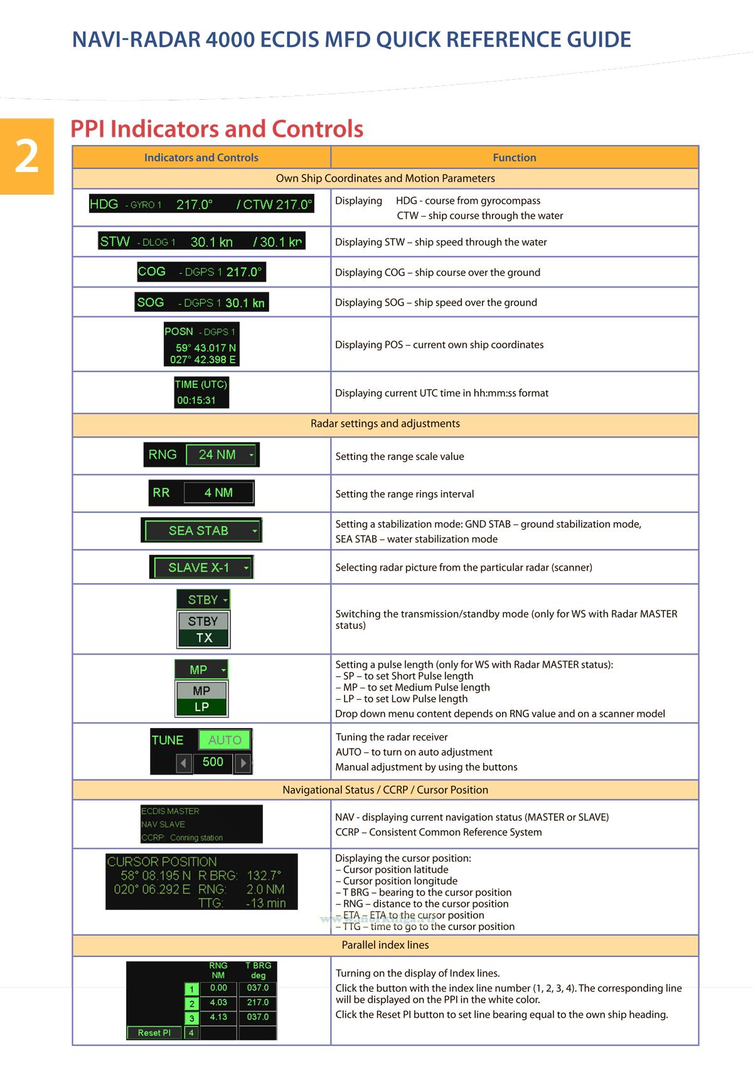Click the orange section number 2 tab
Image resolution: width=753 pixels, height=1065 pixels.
point(27,156)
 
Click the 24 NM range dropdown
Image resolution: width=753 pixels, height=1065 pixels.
point(222,455)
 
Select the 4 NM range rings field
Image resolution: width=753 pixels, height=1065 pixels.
point(218,493)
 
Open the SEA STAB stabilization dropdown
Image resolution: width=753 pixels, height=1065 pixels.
point(202,531)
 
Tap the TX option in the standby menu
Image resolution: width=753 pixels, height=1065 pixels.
point(203,638)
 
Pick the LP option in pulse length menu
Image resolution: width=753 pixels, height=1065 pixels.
point(201,707)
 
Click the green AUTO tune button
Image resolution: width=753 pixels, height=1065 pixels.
point(225,741)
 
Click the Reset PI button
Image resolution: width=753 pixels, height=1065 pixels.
point(154,1032)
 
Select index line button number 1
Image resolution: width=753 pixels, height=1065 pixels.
point(191,990)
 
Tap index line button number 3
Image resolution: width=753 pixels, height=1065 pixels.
point(191,1018)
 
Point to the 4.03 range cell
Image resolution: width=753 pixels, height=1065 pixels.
point(218,1003)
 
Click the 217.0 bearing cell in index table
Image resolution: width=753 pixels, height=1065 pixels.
point(257,1003)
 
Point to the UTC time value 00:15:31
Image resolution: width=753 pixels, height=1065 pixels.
point(196,400)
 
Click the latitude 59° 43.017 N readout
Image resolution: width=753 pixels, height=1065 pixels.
point(206,348)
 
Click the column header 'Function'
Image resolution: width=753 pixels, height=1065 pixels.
point(515,158)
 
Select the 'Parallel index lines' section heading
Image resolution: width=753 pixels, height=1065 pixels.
point(385,945)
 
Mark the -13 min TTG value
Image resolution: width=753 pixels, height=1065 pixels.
point(266,904)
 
